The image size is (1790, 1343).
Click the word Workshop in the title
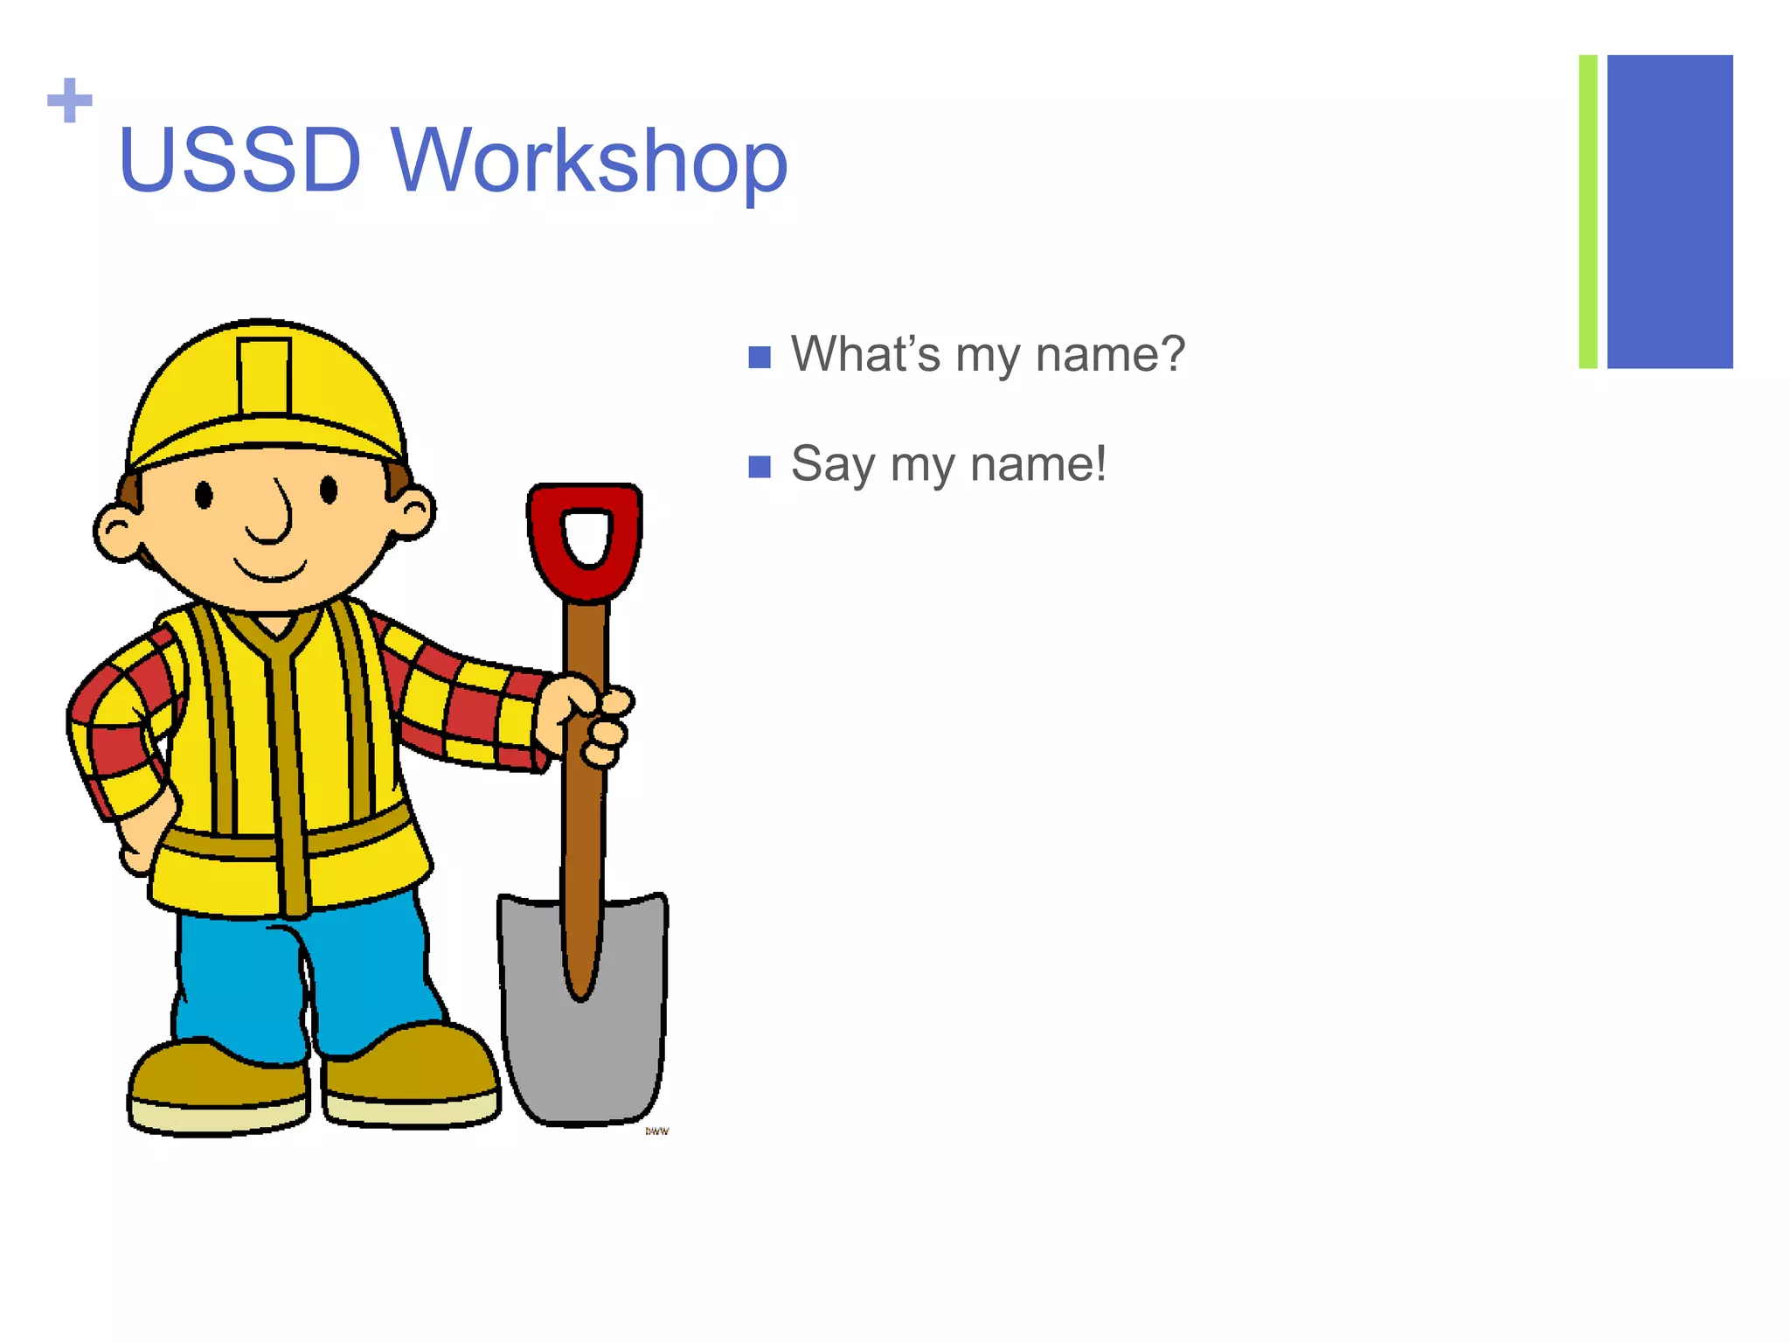[x=589, y=162]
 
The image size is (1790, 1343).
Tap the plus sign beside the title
[x=69, y=101]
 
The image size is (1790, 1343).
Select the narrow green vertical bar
[x=1587, y=212]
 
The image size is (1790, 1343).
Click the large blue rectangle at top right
[x=1669, y=212]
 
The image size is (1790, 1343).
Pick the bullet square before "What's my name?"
[x=760, y=357]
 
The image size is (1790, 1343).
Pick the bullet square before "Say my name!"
[x=760, y=467]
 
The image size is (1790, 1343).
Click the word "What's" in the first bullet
[x=865, y=354]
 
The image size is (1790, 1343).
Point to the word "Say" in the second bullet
[x=831, y=464]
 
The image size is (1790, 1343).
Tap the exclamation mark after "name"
[x=1099, y=463]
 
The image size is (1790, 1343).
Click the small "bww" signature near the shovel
[x=657, y=1131]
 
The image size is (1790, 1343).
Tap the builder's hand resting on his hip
[x=140, y=839]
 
